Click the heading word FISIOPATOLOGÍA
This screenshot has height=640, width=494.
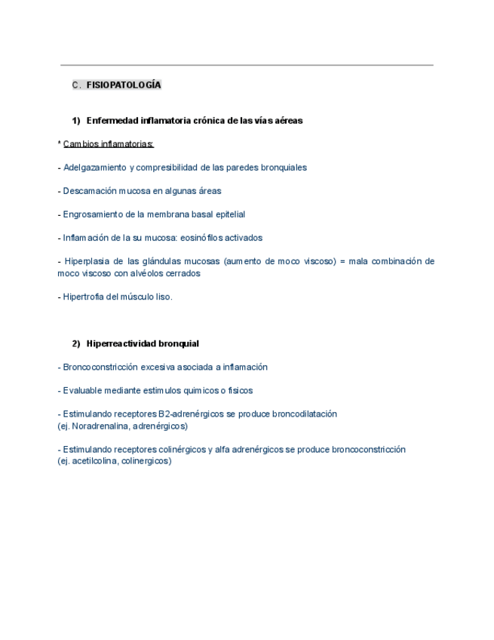(x=124, y=85)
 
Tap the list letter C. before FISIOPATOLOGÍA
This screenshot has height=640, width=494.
(x=76, y=85)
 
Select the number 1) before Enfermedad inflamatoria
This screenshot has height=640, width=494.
(x=76, y=120)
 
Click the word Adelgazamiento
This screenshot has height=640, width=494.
(x=94, y=167)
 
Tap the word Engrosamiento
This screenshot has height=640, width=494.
(x=94, y=214)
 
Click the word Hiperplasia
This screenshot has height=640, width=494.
(x=89, y=261)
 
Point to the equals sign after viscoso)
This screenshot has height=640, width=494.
(x=342, y=261)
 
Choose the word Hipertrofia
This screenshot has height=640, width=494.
(x=86, y=297)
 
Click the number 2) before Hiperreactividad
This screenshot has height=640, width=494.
(x=76, y=343)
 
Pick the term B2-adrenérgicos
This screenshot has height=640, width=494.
(x=193, y=414)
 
